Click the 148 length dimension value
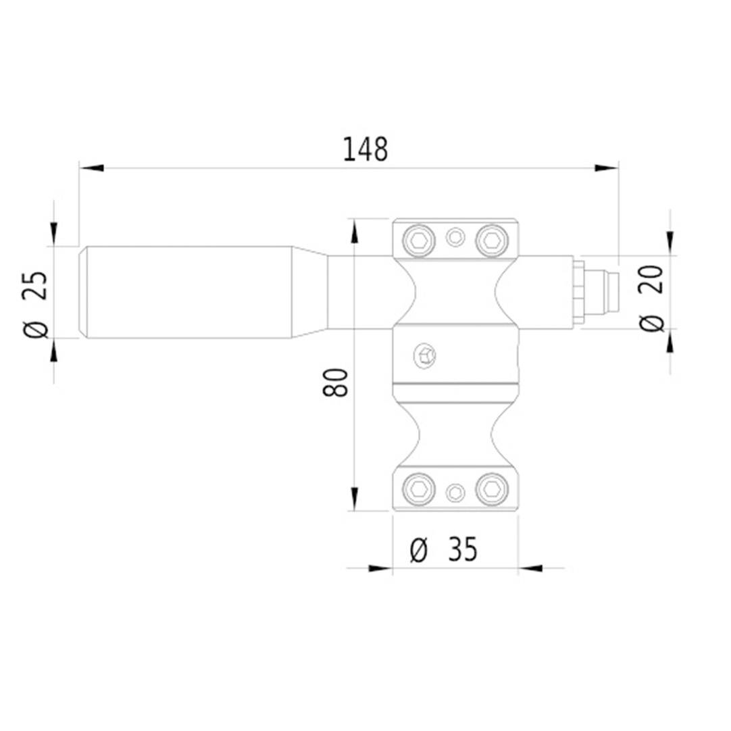click(x=365, y=150)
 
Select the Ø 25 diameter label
click(x=35, y=304)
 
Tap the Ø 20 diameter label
click(x=651, y=299)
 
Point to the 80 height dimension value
click(x=335, y=382)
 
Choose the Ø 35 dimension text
click(x=443, y=549)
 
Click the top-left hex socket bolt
click(x=418, y=241)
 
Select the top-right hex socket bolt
click(x=491, y=241)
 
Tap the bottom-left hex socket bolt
click(x=418, y=489)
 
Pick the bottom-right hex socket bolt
click(x=491, y=489)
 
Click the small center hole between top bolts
click(x=455, y=237)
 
